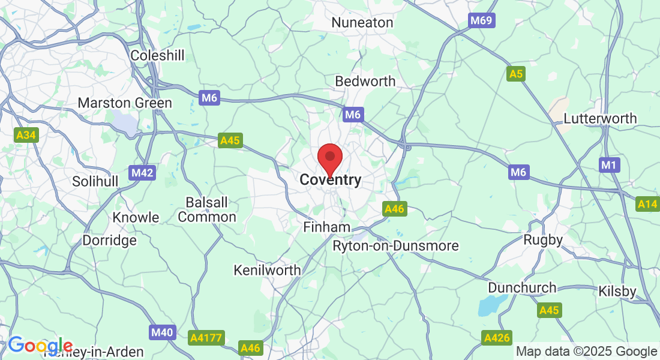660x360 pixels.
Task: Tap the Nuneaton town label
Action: click(362, 23)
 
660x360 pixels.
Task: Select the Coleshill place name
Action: click(157, 55)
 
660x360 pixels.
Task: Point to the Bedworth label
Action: click(365, 81)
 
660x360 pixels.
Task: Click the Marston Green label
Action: click(125, 103)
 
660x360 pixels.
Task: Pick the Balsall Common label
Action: click(207, 209)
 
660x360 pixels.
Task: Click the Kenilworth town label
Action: click(268, 270)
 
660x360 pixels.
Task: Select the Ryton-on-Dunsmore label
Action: click(395, 246)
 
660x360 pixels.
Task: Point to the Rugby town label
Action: click(542, 240)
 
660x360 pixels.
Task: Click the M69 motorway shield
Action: click(481, 21)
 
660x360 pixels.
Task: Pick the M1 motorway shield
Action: click(608, 164)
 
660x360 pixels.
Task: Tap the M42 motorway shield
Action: click(142, 173)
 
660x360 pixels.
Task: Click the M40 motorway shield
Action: click(161, 332)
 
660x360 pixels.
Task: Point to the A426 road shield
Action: click(497, 338)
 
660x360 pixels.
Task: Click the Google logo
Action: click(40, 346)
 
